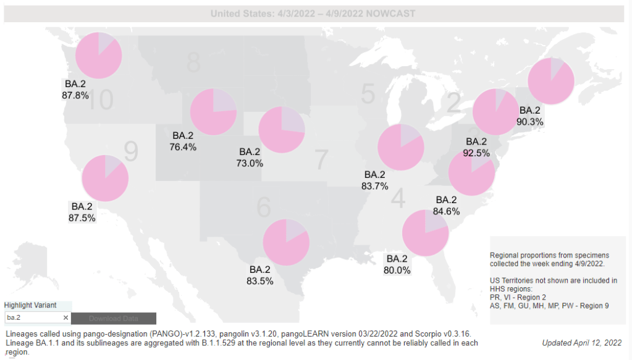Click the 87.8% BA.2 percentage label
pos(75,96)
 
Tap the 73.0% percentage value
pos(250,163)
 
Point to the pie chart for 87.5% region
pos(105,178)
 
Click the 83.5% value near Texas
pos(259,281)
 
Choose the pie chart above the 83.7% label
pos(400,147)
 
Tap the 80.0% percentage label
pos(397,270)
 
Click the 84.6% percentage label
pos(446,212)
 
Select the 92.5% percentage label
pos(476,153)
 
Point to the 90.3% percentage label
pos(530,122)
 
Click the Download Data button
pos(114,319)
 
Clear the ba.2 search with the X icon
pos(65,317)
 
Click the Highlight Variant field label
pos(30,306)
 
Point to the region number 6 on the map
pos(264,208)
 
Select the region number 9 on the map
pos(130,150)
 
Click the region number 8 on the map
pos(194,62)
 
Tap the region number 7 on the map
pos(321,160)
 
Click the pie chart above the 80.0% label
pos(425,233)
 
